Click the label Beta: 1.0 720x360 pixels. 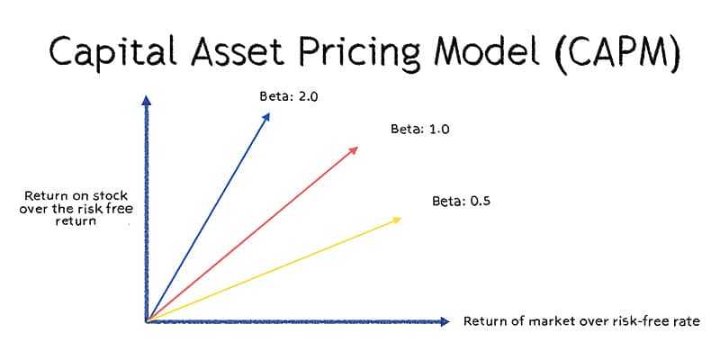419,130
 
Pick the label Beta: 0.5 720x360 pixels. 461,201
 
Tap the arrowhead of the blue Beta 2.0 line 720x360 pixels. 266,116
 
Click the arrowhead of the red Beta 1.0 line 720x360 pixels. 355,148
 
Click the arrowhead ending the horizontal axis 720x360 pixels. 443,321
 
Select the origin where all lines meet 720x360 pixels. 147,320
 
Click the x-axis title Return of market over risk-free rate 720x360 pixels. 580,321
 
